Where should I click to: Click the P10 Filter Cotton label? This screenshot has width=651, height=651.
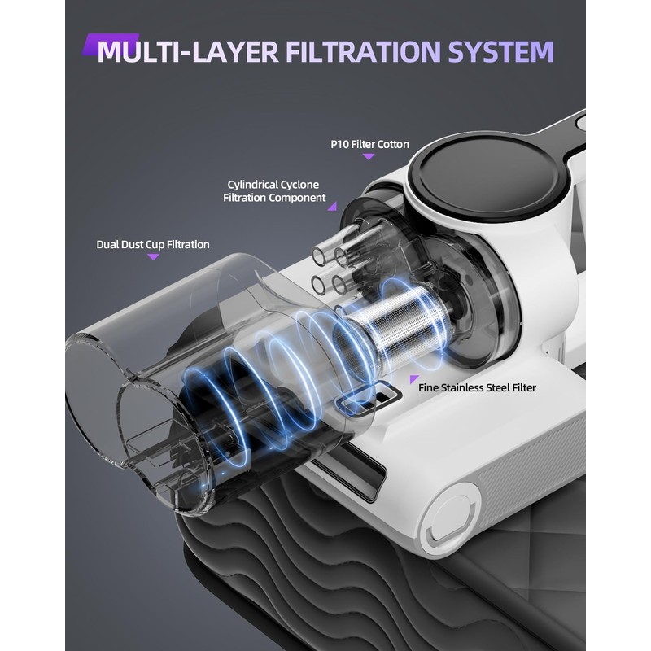tap(369, 143)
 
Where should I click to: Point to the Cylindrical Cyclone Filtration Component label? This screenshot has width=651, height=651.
tap(274, 191)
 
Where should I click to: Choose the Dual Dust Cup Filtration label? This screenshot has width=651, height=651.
tap(153, 244)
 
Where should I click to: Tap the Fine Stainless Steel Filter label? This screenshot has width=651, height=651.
tap(478, 387)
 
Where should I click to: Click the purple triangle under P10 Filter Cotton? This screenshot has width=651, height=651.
tap(369, 156)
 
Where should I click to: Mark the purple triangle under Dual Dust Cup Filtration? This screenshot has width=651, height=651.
tap(153, 257)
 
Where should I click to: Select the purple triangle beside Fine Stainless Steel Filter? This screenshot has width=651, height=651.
tap(413, 379)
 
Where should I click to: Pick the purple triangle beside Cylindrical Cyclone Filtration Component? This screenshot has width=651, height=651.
tap(332, 207)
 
